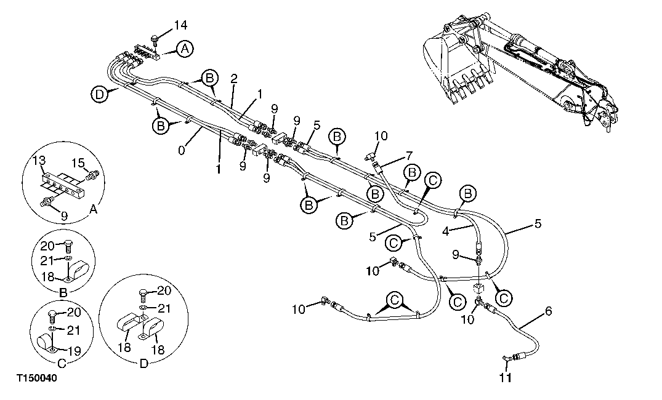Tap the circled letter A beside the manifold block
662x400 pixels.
(184, 49)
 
